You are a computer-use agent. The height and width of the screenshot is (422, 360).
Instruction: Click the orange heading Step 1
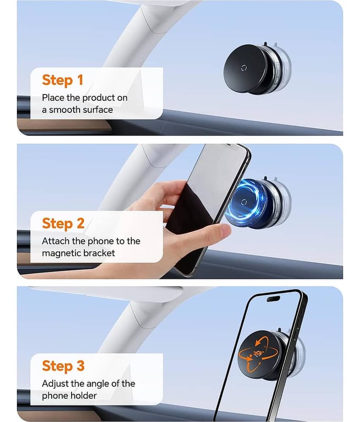coord(62,80)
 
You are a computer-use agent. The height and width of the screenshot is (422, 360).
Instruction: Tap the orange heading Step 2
coord(63,223)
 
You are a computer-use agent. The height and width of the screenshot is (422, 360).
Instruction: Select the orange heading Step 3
coord(63,366)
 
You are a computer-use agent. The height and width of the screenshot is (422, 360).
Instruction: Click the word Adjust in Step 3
coord(55,384)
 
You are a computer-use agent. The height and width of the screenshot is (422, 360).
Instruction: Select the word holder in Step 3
coord(84,396)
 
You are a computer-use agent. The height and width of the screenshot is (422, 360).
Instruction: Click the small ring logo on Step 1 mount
coord(244,68)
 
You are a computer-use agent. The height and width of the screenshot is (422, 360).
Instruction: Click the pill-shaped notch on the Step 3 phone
coord(274,299)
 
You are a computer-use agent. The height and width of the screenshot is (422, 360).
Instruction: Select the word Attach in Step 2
coord(56,241)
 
